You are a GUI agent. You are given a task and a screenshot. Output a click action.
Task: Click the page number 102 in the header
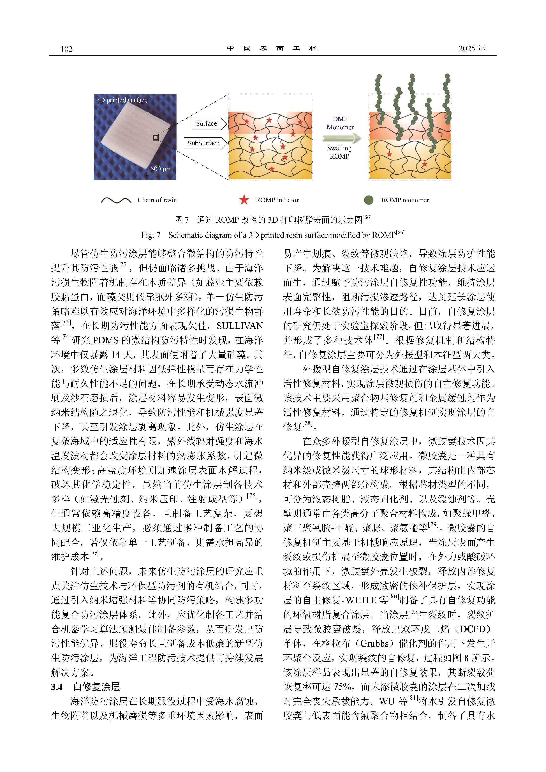point(66,49)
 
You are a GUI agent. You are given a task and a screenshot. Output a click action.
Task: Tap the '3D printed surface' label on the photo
point(122,100)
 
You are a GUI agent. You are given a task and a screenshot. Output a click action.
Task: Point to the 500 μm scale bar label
point(161,169)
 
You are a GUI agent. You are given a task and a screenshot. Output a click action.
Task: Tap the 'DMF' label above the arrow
point(340,119)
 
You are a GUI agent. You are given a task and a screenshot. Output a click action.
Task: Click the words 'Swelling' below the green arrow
point(339,148)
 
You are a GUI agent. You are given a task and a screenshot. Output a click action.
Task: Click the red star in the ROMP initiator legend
point(244,200)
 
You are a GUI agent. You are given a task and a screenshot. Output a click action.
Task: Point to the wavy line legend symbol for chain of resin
point(116,200)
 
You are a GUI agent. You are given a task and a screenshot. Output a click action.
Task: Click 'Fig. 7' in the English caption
point(150,235)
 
